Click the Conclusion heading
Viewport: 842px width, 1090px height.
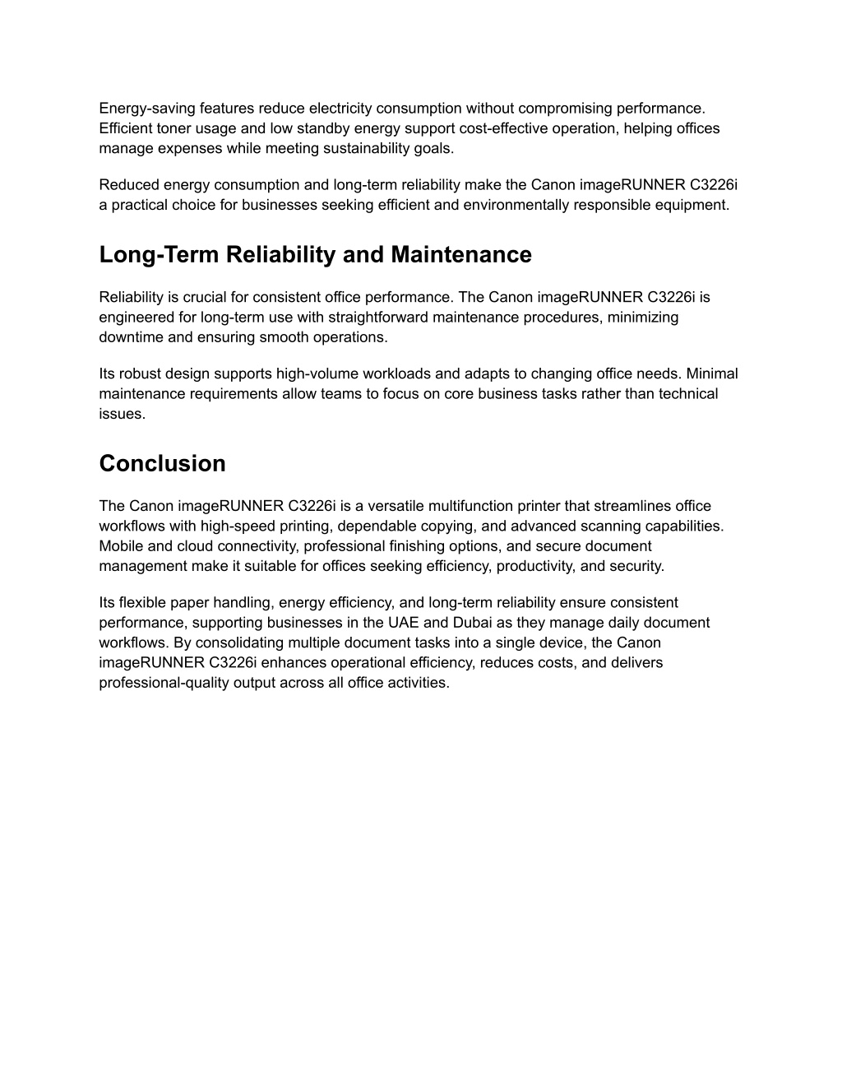(162, 464)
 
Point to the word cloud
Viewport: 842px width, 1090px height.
(195, 546)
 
